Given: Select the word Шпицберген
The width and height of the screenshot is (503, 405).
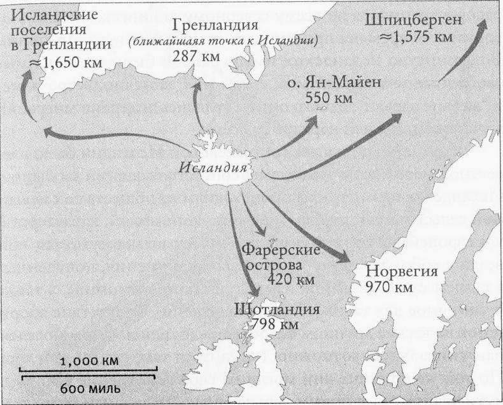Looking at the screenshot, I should click(413, 21).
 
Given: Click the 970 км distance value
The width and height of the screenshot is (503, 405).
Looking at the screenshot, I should click(390, 288).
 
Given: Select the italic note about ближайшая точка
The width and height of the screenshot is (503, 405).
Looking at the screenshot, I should click(223, 41).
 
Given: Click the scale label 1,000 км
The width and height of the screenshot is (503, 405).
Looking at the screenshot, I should click(90, 362).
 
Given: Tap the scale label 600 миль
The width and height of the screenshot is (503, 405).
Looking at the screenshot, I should click(89, 387).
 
